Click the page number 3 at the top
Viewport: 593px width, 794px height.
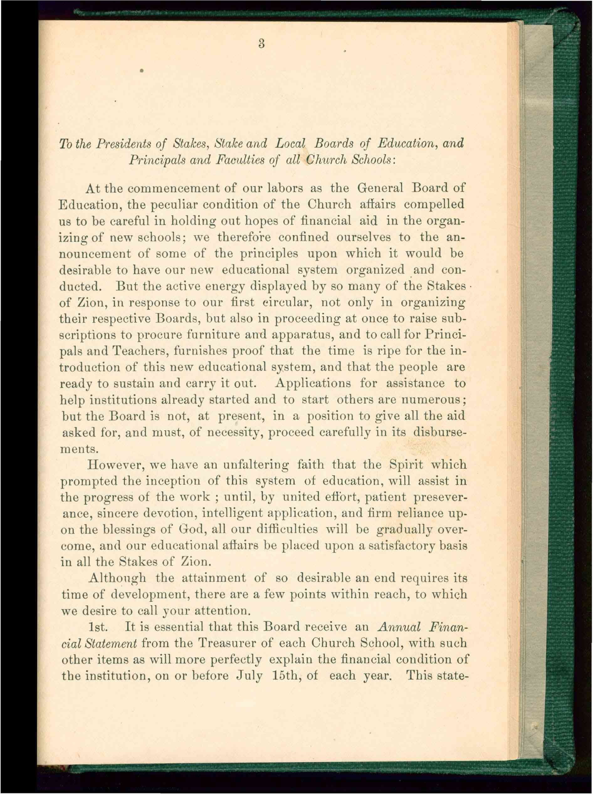click(x=261, y=44)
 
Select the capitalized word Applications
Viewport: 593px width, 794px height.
click(x=313, y=384)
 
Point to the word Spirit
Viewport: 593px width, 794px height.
click(x=406, y=465)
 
